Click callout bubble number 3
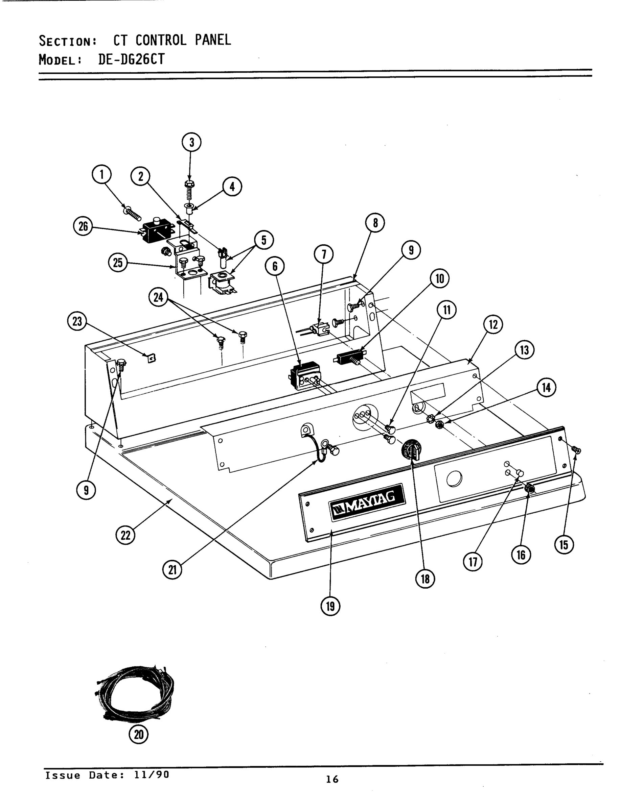click(x=191, y=142)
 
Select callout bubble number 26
click(x=83, y=226)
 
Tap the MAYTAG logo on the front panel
click(x=367, y=502)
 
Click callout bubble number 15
click(x=564, y=544)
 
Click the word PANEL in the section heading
click(x=213, y=40)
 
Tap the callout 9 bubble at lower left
click(x=86, y=490)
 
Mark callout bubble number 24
click(x=158, y=297)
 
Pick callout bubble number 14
click(x=546, y=388)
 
